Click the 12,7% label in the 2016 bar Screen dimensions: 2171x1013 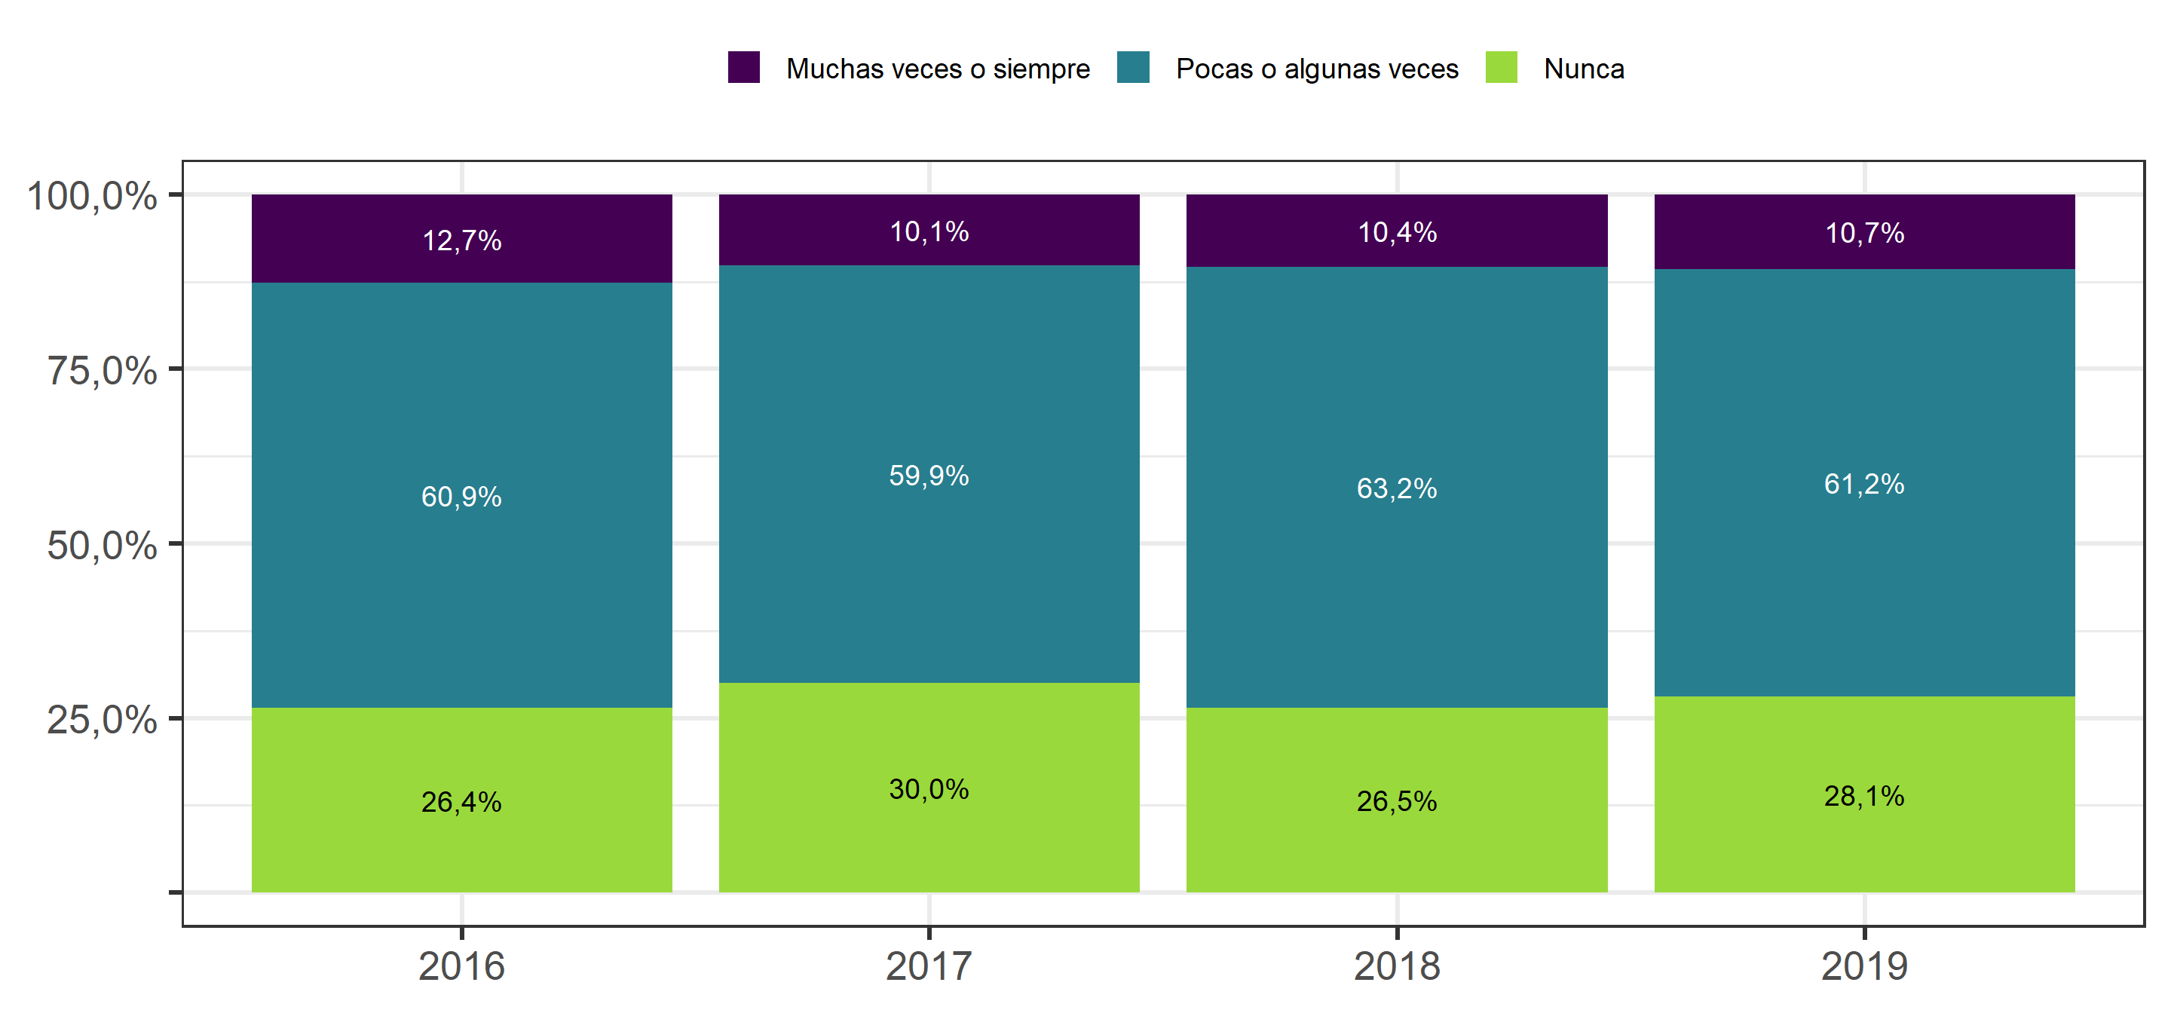(462, 241)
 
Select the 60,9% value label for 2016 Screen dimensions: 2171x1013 (462, 497)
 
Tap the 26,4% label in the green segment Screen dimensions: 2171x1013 (462, 801)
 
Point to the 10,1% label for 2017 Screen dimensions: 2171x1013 (929, 231)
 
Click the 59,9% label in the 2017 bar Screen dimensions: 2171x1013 (929, 476)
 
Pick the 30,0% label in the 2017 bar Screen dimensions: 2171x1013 (929, 789)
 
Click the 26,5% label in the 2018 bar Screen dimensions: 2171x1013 (1398, 800)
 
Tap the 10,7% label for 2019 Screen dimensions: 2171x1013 (1865, 234)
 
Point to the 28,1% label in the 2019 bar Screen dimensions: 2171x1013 (1865, 796)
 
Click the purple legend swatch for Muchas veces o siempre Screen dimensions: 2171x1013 (744, 67)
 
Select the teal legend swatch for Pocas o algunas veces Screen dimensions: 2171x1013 (1134, 67)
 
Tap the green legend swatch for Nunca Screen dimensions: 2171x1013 (1502, 67)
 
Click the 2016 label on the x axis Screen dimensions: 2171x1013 (462, 966)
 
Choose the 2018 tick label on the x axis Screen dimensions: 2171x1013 (1398, 966)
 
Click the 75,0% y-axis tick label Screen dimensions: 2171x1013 (102, 371)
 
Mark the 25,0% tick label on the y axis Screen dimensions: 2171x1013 (102, 720)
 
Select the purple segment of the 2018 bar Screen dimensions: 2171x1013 (1398, 231)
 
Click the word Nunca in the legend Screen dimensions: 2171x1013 (1585, 69)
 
